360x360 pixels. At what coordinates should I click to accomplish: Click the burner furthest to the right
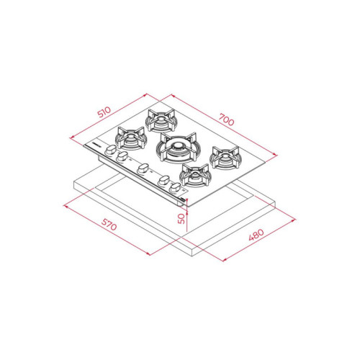[x=224, y=158]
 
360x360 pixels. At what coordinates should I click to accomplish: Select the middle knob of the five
[x=142, y=169]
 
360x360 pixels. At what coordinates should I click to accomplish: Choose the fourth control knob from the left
[x=164, y=180]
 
